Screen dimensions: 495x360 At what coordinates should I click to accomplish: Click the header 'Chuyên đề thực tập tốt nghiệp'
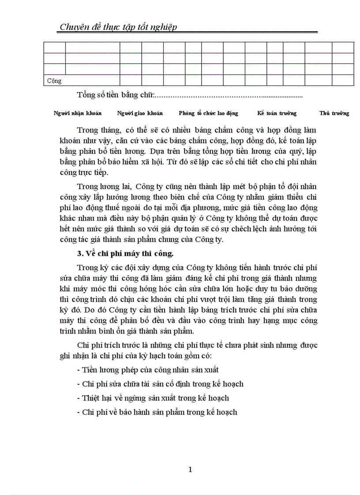coord(118,27)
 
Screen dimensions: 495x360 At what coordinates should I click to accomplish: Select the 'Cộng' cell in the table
coord(54,81)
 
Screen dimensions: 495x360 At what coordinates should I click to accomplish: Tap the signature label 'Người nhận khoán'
coord(78,113)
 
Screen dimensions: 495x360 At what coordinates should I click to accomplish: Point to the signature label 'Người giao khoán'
coord(140,113)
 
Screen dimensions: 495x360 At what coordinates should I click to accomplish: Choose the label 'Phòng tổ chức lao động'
coord(208,113)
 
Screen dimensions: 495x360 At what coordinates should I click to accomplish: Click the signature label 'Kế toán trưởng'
coord(277,113)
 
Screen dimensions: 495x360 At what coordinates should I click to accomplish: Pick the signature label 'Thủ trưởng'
coord(334,113)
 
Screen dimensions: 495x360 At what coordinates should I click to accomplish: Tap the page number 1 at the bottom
coord(190,469)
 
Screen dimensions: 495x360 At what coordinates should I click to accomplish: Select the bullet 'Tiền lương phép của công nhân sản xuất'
coord(148,370)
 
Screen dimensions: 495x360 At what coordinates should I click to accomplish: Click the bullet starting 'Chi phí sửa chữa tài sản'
coord(160,384)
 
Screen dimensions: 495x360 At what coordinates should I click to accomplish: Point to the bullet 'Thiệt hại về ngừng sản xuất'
coord(153,398)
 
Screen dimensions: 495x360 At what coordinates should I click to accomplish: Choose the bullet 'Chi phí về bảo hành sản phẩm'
coord(157,412)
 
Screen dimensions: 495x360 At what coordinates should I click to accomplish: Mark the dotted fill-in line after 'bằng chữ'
coord(229,95)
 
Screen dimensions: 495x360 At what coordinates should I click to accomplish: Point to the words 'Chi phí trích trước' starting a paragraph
coord(106,344)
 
